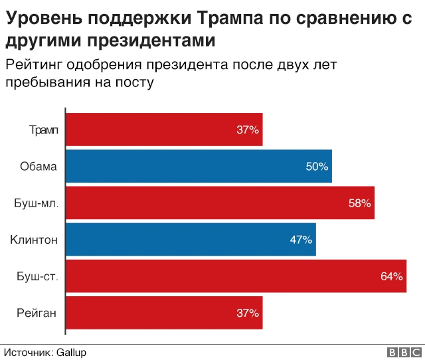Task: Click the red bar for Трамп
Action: [164, 130]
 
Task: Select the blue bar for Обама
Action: [199, 166]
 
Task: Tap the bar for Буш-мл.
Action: [220, 203]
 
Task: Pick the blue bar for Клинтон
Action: [191, 240]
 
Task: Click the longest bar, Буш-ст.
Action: [236, 276]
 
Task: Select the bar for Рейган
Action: [164, 313]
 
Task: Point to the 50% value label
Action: [317, 167]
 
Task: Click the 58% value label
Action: [359, 203]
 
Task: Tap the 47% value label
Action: [301, 240]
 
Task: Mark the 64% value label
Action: [392, 276]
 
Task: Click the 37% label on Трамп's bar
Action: [248, 130]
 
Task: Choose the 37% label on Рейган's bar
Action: [248, 313]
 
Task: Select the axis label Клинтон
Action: [34, 240]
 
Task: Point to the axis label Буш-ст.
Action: [37, 276]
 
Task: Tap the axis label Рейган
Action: [37, 313]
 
